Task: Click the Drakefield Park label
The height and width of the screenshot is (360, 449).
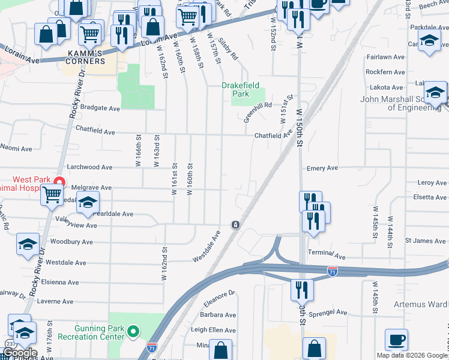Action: [x=243, y=89]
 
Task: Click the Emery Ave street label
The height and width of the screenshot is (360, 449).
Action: [x=322, y=169]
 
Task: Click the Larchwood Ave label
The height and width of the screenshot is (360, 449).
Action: [x=90, y=167]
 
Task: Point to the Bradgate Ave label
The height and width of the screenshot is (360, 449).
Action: [x=100, y=109]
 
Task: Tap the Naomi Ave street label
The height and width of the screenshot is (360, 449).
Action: [x=16, y=148]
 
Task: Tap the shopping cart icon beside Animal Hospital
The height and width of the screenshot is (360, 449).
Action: [x=52, y=194]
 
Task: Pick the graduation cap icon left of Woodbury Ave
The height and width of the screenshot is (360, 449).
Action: [x=28, y=244]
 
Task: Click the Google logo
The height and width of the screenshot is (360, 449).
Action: [x=20, y=353]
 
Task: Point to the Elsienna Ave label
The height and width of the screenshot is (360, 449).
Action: [x=62, y=282]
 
